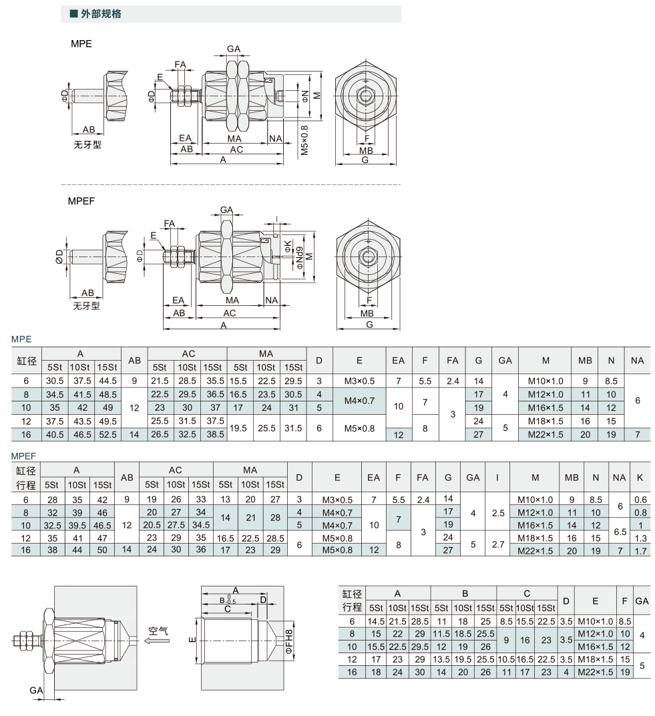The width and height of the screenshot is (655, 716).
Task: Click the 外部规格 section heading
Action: pos(101,14)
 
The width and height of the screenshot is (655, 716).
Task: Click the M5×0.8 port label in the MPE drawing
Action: pos(304,140)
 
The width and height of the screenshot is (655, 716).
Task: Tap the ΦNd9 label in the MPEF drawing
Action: pos(299,258)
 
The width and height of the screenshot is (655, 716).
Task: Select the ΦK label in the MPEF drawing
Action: pos(288,246)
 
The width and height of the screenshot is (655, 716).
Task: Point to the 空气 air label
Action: pos(158,631)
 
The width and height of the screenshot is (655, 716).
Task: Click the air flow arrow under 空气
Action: pos(156,641)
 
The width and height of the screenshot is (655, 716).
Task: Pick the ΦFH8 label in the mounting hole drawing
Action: pos(288,641)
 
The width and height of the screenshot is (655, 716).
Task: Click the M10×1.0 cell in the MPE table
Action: pos(545,381)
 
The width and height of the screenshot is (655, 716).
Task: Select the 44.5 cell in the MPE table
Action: pos(107,381)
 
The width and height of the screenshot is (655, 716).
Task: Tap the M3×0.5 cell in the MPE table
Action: pos(359,381)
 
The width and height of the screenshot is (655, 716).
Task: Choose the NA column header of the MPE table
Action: pos(637,360)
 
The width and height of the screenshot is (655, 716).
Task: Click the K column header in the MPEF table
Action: pos(640,477)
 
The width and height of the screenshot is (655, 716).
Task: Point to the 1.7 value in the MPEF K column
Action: pos(640,551)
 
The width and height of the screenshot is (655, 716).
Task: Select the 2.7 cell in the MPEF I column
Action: pos(497,544)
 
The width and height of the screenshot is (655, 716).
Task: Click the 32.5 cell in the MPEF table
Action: pos(52,525)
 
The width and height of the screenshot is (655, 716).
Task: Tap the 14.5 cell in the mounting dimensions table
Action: pos(376,621)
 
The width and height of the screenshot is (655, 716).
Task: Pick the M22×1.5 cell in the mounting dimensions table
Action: pos(595,672)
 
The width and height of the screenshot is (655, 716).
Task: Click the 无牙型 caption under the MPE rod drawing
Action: pos(87,145)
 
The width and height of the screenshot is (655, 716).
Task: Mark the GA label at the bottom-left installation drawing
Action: pos(36,690)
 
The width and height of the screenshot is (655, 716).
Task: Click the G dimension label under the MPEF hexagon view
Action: pos(369,324)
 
